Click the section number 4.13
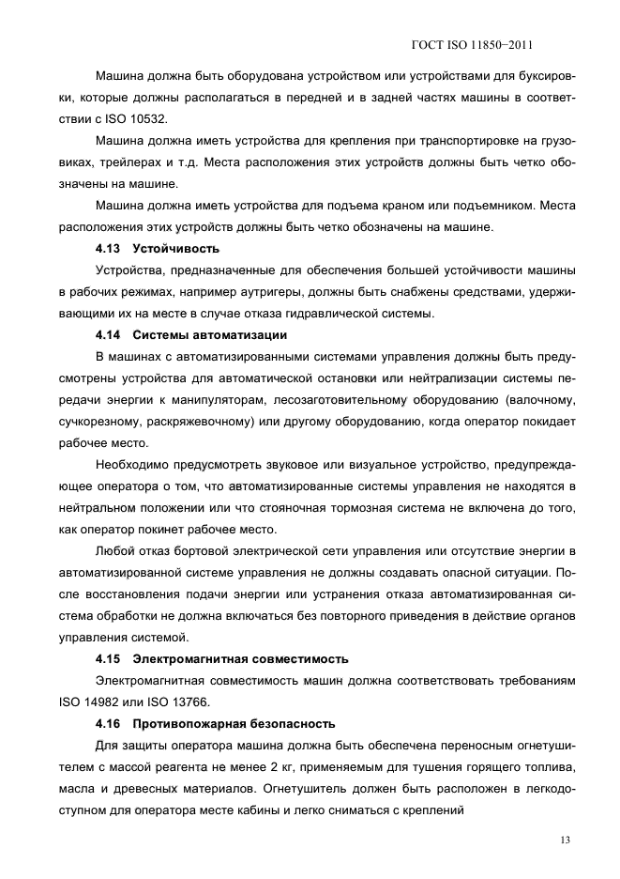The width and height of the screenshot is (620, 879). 110,249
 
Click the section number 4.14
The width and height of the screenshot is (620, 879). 110,335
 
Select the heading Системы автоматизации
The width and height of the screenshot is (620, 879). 209,335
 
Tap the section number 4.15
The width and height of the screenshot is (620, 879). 110,658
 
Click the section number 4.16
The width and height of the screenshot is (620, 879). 110,723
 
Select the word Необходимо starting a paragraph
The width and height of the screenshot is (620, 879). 133,465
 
